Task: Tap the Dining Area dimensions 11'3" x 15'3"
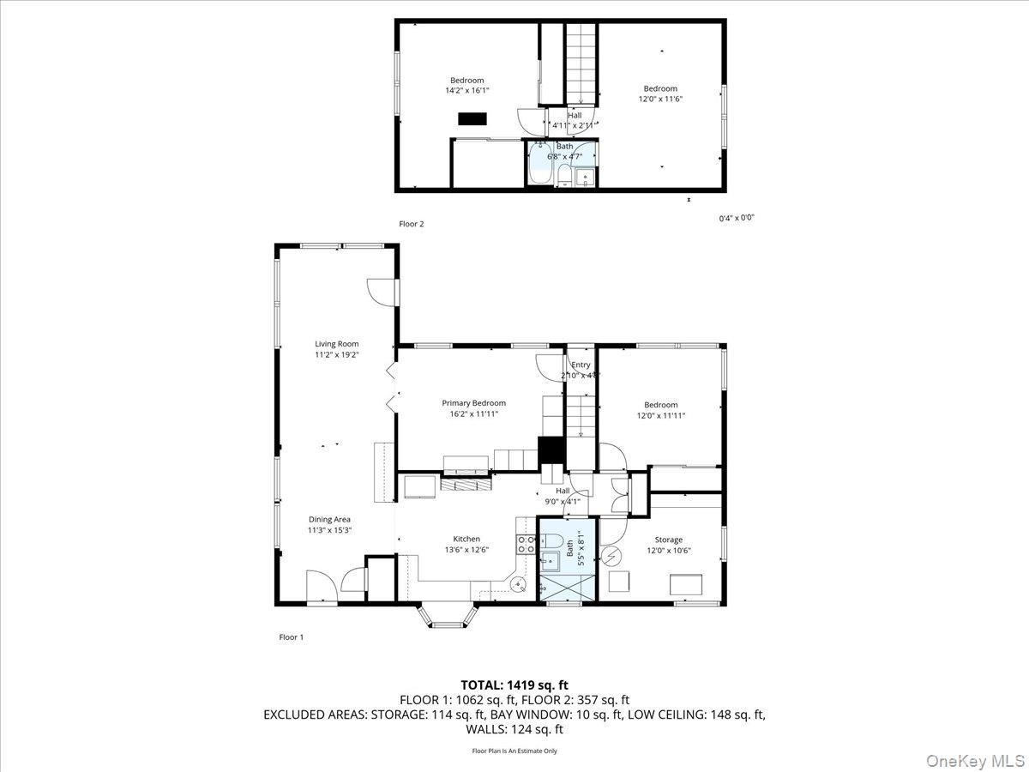pyautogui.click(x=330, y=530)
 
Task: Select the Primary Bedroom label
pyautogui.click(x=473, y=403)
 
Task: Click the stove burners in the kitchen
pyautogui.click(x=527, y=544)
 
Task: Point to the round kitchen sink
pyautogui.click(x=519, y=584)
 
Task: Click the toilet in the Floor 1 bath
pyautogui.click(x=553, y=542)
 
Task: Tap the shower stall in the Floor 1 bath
pyautogui.click(x=566, y=588)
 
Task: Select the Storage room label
pyautogui.click(x=668, y=540)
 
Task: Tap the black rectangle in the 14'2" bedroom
pyautogui.click(x=472, y=119)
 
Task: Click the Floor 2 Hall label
pyautogui.click(x=574, y=115)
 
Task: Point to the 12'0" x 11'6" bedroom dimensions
pyautogui.click(x=660, y=99)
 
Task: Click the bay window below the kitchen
pyautogui.click(x=445, y=616)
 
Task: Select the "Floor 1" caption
pyautogui.click(x=292, y=637)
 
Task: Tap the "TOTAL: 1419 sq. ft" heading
pyautogui.click(x=514, y=685)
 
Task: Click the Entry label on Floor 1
pyautogui.click(x=581, y=365)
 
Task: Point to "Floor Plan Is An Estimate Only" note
pyautogui.click(x=514, y=751)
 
